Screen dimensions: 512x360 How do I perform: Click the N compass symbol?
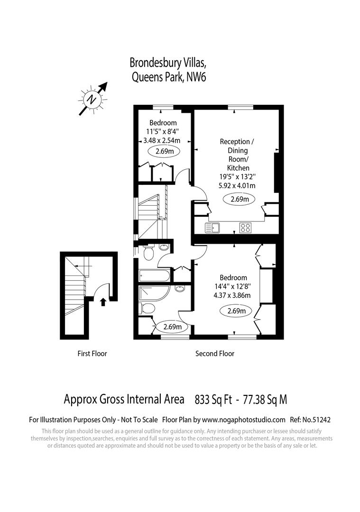click(91, 100)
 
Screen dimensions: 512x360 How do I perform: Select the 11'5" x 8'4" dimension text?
click(162, 132)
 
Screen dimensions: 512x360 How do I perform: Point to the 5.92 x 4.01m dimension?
click(237, 185)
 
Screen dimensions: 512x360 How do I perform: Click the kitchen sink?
click(212, 228)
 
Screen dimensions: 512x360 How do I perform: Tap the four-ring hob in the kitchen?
click(245, 228)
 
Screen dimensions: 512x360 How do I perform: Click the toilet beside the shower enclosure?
click(148, 309)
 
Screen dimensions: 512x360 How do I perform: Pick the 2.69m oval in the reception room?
click(240, 200)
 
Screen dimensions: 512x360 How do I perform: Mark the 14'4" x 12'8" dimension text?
click(232, 286)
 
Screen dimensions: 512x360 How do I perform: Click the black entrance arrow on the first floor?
click(103, 302)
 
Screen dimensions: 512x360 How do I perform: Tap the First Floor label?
click(92, 354)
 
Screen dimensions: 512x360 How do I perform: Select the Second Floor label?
click(215, 354)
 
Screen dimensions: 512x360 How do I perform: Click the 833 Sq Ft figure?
click(213, 400)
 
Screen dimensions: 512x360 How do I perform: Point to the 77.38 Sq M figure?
click(265, 400)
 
